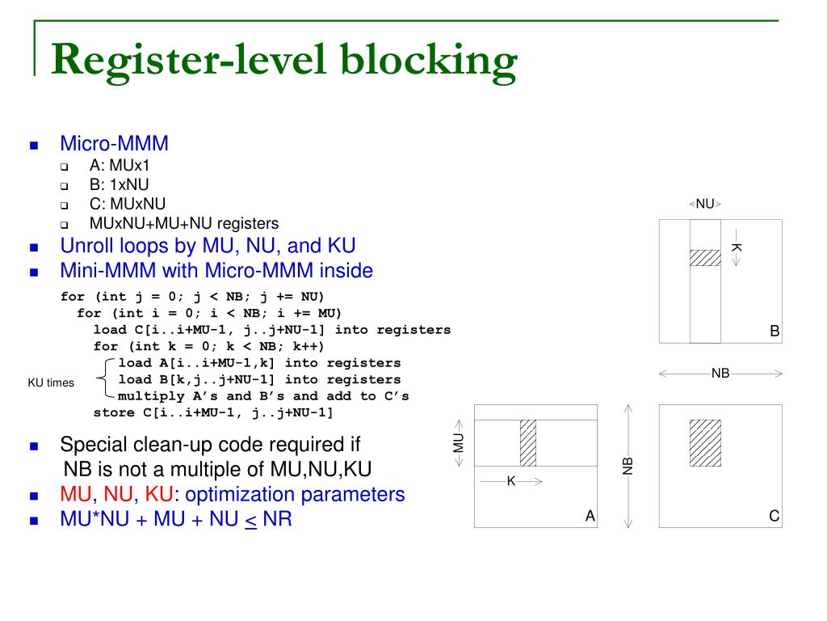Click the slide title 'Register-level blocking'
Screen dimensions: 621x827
283,61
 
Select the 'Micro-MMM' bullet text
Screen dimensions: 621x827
114,144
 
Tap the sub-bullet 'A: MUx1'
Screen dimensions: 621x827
120,165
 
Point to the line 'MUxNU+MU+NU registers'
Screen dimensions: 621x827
183,223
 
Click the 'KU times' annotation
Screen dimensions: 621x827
51,382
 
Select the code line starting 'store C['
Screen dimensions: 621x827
212,412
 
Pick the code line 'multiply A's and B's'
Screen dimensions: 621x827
263,396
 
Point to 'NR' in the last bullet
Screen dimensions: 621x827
277,519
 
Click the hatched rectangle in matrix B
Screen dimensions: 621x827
705,258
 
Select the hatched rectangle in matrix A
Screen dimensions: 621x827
527,442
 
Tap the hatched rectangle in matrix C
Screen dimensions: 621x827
705,442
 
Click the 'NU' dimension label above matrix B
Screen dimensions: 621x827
705,204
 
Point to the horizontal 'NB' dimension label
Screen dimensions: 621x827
720,374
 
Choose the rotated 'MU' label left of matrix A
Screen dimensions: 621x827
458,442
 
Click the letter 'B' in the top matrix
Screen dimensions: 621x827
774,331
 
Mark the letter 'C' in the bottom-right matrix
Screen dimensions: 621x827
774,516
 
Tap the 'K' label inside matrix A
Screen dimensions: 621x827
510,481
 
